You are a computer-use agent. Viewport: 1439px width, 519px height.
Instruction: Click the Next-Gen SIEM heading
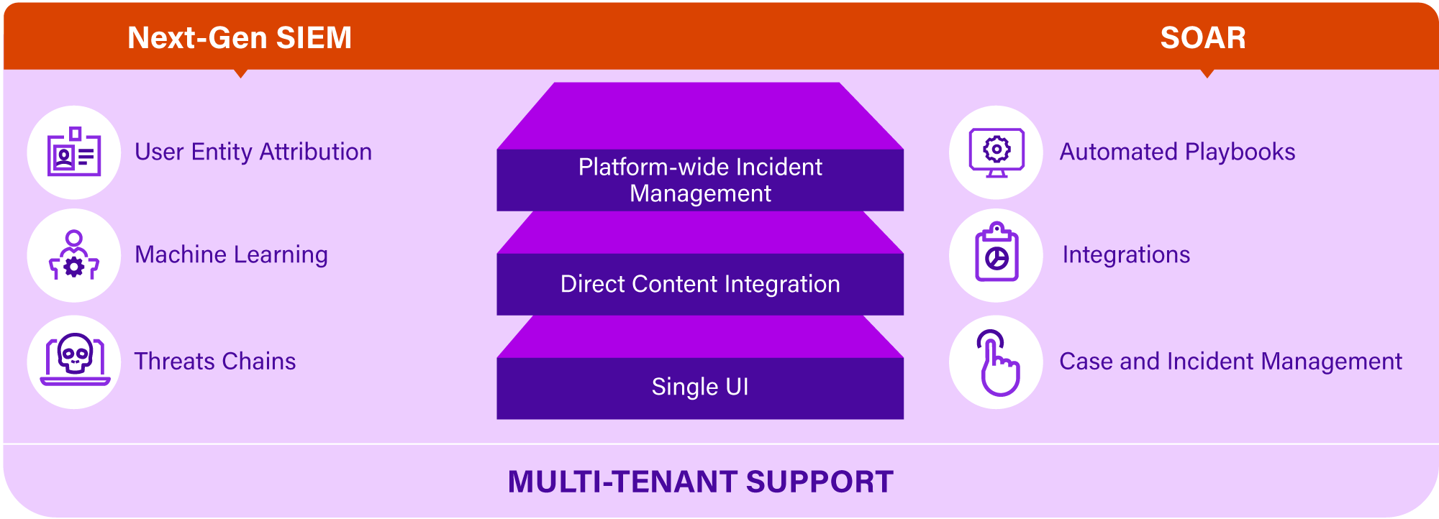pyautogui.click(x=240, y=38)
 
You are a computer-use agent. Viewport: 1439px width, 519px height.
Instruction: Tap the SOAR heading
pyautogui.click(x=1203, y=38)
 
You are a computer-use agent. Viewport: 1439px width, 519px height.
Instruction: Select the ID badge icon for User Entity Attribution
pyautogui.click(x=74, y=152)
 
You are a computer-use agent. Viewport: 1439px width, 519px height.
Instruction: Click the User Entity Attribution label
pyautogui.click(x=253, y=152)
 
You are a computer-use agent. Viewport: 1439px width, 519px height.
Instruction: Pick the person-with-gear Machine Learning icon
pyautogui.click(x=74, y=255)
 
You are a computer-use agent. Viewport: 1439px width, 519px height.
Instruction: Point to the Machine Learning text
pyautogui.click(x=231, y=255)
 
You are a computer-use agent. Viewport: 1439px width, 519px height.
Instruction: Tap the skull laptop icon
pyautogui.click(x=75, y=360)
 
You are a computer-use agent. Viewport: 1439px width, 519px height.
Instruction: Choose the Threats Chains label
pyautogui.click(x=215, y=361)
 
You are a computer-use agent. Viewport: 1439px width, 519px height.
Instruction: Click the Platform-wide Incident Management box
pyautogui.click(x=700, y=180)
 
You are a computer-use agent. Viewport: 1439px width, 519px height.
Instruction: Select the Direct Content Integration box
pyautogui.click(x=700, y=284)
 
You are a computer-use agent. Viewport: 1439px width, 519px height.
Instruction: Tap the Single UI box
pyautogui.click(x=700, y=388)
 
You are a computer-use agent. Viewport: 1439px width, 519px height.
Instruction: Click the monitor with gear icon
pyautogui.click(x=997, y=152)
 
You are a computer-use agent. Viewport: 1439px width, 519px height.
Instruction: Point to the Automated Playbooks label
pyautogui.click(x=1177, y=152)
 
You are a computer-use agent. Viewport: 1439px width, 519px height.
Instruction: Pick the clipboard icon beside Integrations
pyautogui.click(x=997, y=252)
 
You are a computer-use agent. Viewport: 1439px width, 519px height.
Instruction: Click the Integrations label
pyautogui.click(x=1126, y=255)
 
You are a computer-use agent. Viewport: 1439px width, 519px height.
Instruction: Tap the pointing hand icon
pyautogui.click(x=997, y=363)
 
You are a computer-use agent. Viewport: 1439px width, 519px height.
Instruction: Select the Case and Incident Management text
pyautogui.click(x=1230, y=362)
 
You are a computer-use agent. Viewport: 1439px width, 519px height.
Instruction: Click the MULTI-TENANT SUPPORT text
pyautogui.click(x=700, y=482)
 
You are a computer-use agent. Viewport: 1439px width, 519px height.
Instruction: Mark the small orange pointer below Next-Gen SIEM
pyautogui.click(x=241, y=73)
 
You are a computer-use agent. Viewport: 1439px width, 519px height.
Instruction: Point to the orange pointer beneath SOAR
pyautogui.click(x=1207, y=73)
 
